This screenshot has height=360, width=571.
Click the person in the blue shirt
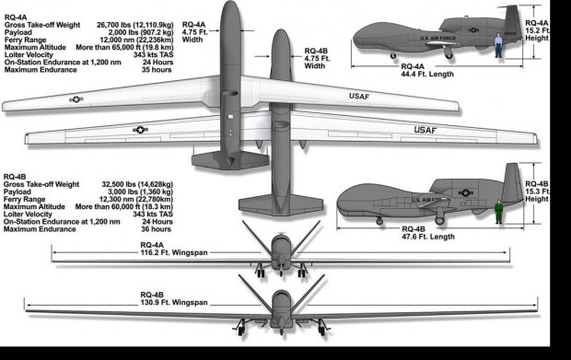[x=498, y=45]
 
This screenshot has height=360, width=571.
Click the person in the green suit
[x=498, y=212]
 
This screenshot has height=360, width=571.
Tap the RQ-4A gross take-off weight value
[x=135, y=25]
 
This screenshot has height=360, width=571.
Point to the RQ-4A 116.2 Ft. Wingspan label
[x=174, y=249]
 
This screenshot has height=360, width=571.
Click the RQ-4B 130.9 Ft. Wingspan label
[x=174, y=299]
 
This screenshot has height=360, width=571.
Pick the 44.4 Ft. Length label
[x=427, y=70]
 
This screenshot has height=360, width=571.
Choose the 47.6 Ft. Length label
[x=428, y=233]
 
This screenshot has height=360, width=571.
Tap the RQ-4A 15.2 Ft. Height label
[x=537, y=30]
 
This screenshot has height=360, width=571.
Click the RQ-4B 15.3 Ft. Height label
[x=537, y=192]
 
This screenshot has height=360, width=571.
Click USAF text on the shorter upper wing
[x=359, y=96]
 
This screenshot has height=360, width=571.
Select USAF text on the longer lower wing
[x=425, y=130]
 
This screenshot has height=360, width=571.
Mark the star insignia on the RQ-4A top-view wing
[x=76, y=99]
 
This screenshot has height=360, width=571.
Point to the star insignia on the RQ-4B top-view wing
[x=140, y=130]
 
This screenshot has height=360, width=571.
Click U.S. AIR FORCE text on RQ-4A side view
[x=437, y=39]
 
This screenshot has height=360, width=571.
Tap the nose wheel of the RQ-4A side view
[x=393, y=56]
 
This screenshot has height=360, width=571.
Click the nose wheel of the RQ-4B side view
[x=379, y=221]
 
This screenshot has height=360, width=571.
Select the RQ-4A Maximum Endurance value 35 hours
[x=157, y=70]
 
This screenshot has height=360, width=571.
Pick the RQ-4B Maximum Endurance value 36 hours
[x=156, y=229]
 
